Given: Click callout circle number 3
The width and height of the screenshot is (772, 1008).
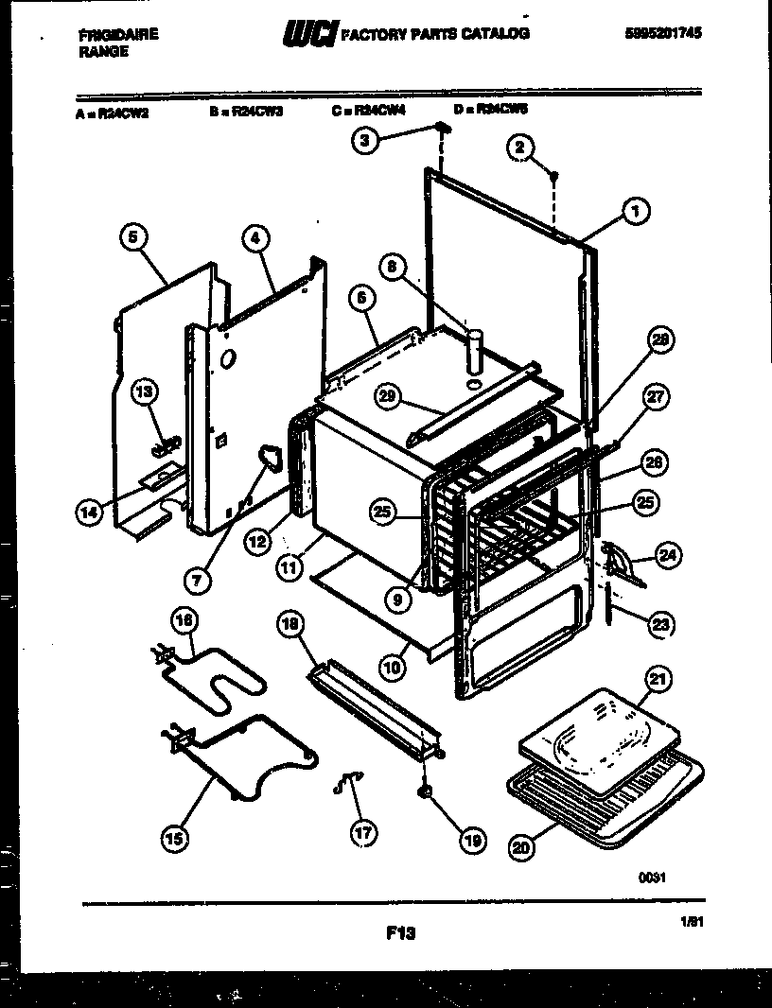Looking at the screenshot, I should point(366,142).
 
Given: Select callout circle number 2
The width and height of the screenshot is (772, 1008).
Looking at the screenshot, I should point(519,146).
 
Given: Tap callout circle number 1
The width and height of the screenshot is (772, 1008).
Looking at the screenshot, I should point(635,213).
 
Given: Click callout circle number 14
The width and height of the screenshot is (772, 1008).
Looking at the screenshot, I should point(89,513).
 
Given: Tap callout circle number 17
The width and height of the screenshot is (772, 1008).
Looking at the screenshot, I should point(363,833).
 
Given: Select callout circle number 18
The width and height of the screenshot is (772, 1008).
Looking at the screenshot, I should point(291,623).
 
